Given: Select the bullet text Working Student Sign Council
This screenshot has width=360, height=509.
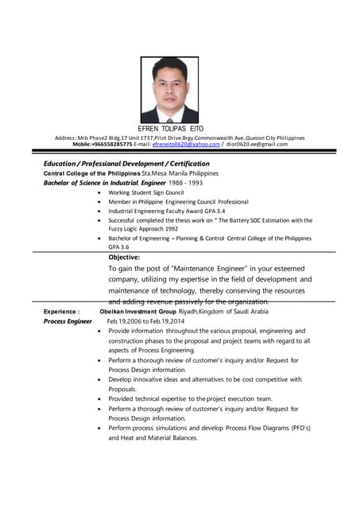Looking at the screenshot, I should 146,192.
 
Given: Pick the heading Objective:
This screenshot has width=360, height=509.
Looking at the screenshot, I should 124,257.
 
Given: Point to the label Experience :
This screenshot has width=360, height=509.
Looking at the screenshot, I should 61,312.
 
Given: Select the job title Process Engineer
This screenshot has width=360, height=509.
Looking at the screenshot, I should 68,321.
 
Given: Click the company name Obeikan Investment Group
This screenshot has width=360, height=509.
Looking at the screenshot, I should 137,312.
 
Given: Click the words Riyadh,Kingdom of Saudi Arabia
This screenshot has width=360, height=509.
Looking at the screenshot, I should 224,312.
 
